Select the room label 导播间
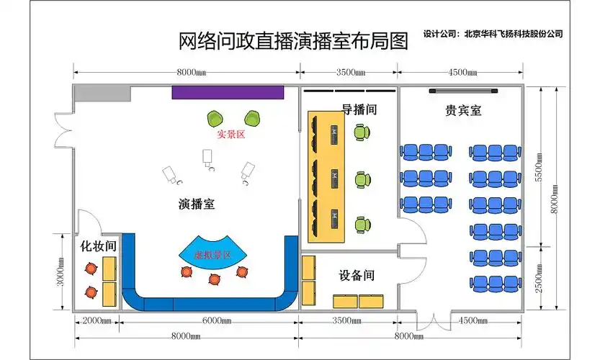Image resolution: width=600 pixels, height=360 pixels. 359,109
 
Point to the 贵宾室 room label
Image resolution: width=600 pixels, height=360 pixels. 463,111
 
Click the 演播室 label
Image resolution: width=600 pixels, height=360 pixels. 196,204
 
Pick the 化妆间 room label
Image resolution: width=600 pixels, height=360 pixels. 99,246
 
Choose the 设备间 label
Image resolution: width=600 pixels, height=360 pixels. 357,275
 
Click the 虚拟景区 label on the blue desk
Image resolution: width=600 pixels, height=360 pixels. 212,255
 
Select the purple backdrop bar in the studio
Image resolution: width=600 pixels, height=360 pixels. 228,92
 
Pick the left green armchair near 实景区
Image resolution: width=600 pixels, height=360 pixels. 215,118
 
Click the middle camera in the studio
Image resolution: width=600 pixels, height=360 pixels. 208,158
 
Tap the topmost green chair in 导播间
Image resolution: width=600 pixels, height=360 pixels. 362,132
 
